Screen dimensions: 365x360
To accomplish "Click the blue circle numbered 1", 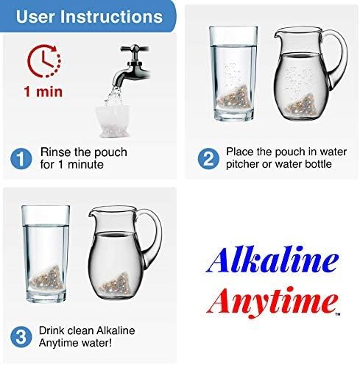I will (x=23, y=158).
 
